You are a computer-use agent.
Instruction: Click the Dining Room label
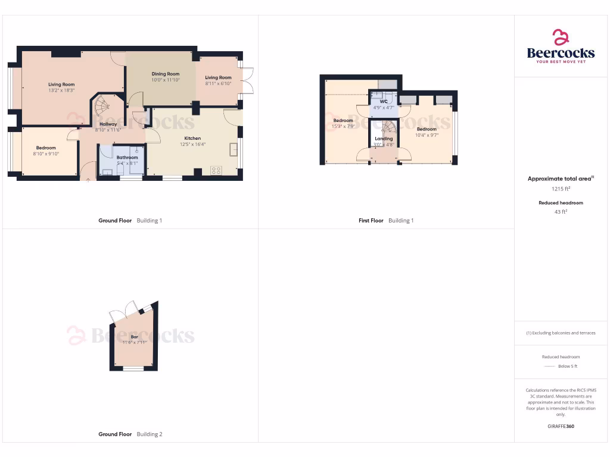pyautogui.click(x=165, y=74)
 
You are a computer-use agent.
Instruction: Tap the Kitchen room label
pyautogui.click(x=192, y=138)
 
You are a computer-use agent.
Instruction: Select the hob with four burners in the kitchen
pyautogui.click(x=215, y=170)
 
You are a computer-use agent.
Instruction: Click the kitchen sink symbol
pyautogui.click(x=234, y=148)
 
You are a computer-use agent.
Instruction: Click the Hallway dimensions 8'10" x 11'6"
pyautogui.click(x=108, y=130)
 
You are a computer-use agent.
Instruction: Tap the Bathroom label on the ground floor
pyautogui.click(x=127, y=157)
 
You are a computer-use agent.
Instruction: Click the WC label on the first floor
pyautogui.click(x=384, y=102)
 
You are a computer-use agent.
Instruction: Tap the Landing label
pyautogui.click(x=384, y=139)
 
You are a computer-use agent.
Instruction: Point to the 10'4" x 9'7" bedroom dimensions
pyautogui.click(x=427, y=135)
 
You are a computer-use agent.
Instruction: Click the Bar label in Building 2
pyautogui.click(x=135, y=337)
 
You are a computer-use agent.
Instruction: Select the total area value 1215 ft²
pyautogui.click(x=561, y=189)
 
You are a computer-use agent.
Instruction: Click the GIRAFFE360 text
pyautogui.click(x=561, y=426)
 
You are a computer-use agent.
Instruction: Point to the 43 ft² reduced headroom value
pyautogui.click(x=561, y=211)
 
